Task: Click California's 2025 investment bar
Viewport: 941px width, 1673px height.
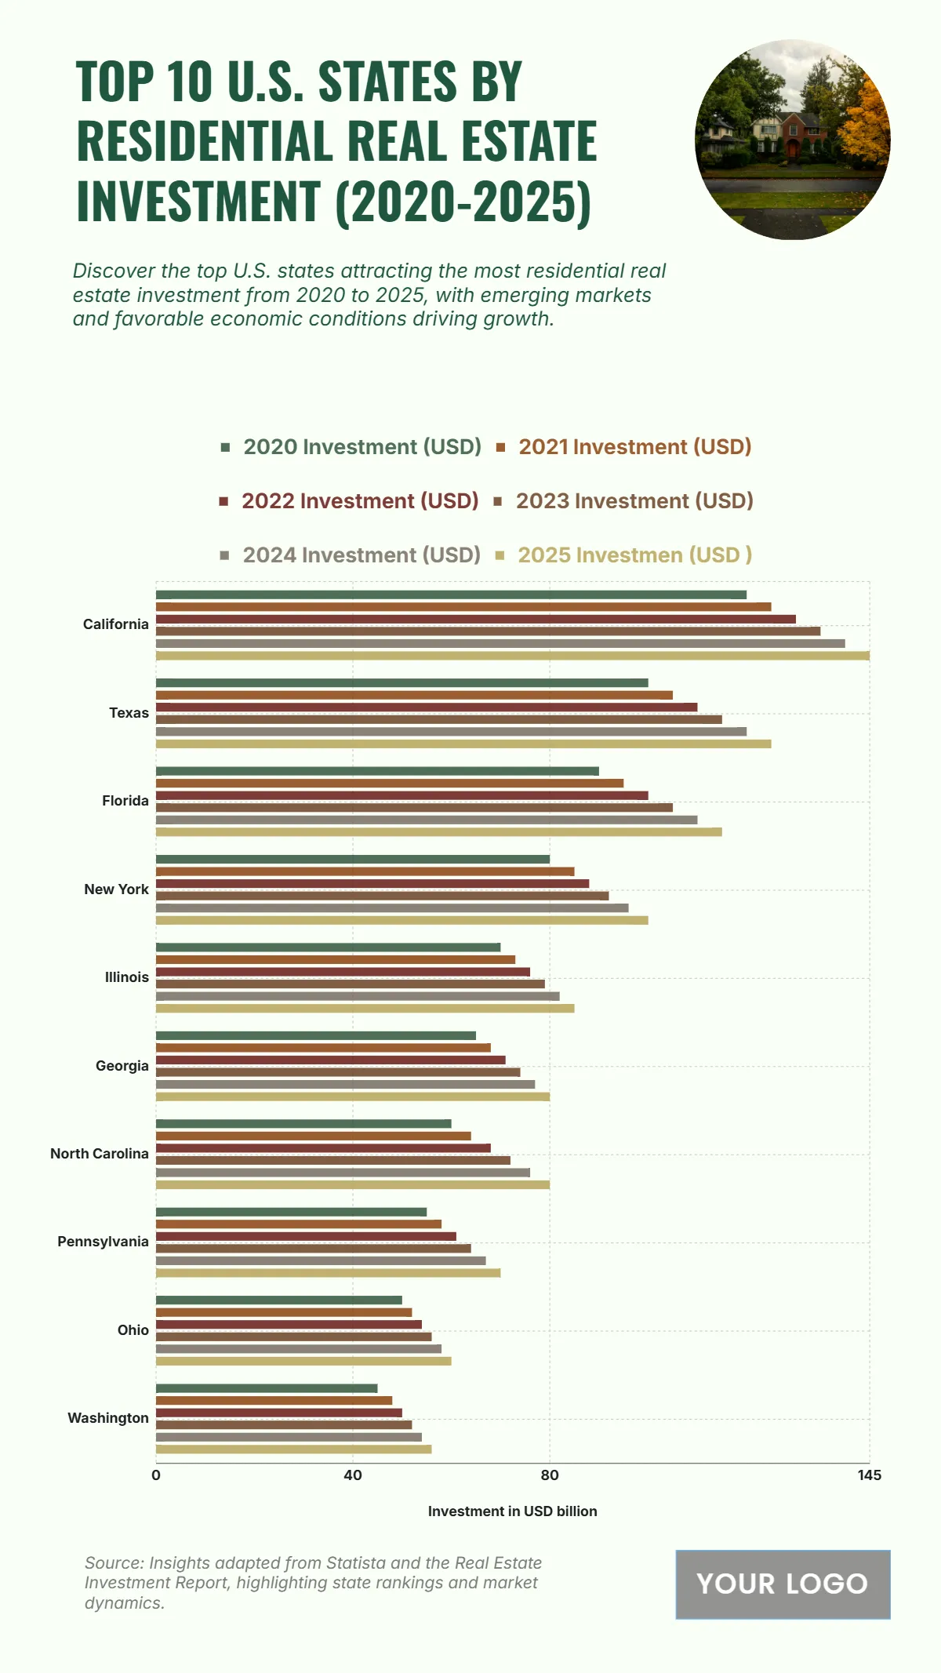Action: (x=513, y=656)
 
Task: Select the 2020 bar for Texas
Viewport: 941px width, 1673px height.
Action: (x=402, y=683)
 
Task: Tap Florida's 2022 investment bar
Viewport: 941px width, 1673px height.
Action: (x=402, y=795)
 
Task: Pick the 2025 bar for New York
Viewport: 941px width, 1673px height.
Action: (x=402, y=920)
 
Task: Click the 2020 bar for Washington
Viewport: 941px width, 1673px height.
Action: (x=267, y=1388)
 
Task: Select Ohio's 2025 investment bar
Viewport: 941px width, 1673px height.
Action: (x=303, y=1361)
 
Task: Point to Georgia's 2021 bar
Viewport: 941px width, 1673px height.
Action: (x=323, y=1048)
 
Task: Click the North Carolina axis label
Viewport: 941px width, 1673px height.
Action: (x=100, y=1154)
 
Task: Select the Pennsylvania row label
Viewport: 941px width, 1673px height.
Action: (x=103, y=1242)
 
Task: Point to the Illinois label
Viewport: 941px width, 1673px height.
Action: (x=127, y=977)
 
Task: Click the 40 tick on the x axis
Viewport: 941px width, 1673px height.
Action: (x=353, y=1475)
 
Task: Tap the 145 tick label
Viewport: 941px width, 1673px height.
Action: (x=869, y=1475)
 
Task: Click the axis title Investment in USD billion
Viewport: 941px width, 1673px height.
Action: (x=512, y=1511)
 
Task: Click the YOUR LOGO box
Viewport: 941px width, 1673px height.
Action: (x=783, y=1584)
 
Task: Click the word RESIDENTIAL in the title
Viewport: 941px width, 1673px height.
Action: (x=206, y=141)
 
